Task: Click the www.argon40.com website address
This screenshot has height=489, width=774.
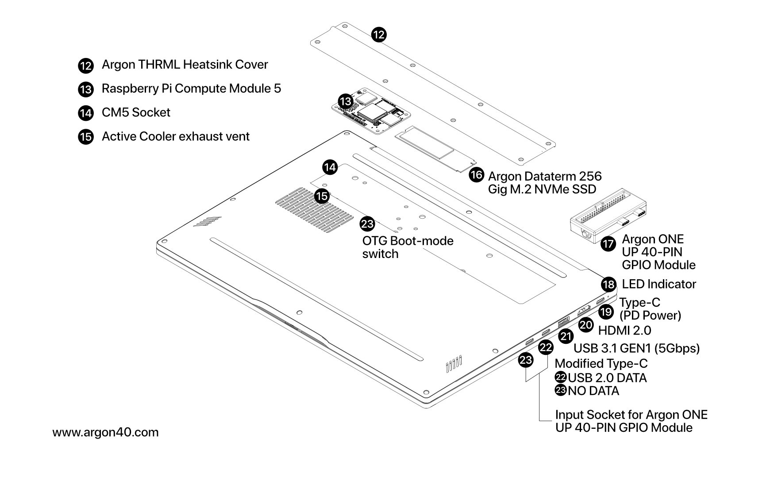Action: pos(105,432)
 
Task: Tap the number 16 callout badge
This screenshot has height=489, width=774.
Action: pos(476,175)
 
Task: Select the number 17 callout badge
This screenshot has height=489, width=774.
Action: pos(608,244)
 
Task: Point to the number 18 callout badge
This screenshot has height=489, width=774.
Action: pos(609,284)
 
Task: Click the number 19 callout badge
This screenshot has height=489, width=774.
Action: pos(606,312)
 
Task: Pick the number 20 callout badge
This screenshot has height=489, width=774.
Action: pos(586,325)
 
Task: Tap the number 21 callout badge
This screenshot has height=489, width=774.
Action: pos(566,337)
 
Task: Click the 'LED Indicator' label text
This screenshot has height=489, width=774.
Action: pos(659,284)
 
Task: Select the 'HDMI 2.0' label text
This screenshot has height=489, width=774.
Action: pos(624,331)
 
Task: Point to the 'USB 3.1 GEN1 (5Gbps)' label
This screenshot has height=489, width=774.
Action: pos(636,348)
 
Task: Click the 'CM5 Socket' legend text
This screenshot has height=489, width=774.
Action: pos(136,112)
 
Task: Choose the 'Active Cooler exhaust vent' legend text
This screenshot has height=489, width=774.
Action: pos(176,136)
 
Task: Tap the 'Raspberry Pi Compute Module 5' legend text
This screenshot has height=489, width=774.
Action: pos(191,89)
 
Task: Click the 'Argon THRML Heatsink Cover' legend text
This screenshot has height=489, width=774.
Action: pos(185,65)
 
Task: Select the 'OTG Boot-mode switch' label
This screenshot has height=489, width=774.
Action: pos(408,247)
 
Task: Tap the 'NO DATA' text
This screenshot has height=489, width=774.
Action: pos(593,391)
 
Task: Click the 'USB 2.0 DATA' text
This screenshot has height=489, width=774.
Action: pos(607,378)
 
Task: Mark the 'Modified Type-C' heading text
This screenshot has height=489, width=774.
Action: pos(601,364)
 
